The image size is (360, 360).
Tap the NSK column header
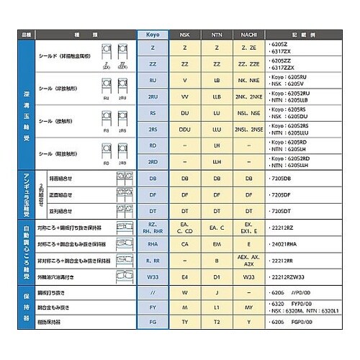[185, 34]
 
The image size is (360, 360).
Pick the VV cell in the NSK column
[185, 95]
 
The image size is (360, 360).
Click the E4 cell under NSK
[185, 276]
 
